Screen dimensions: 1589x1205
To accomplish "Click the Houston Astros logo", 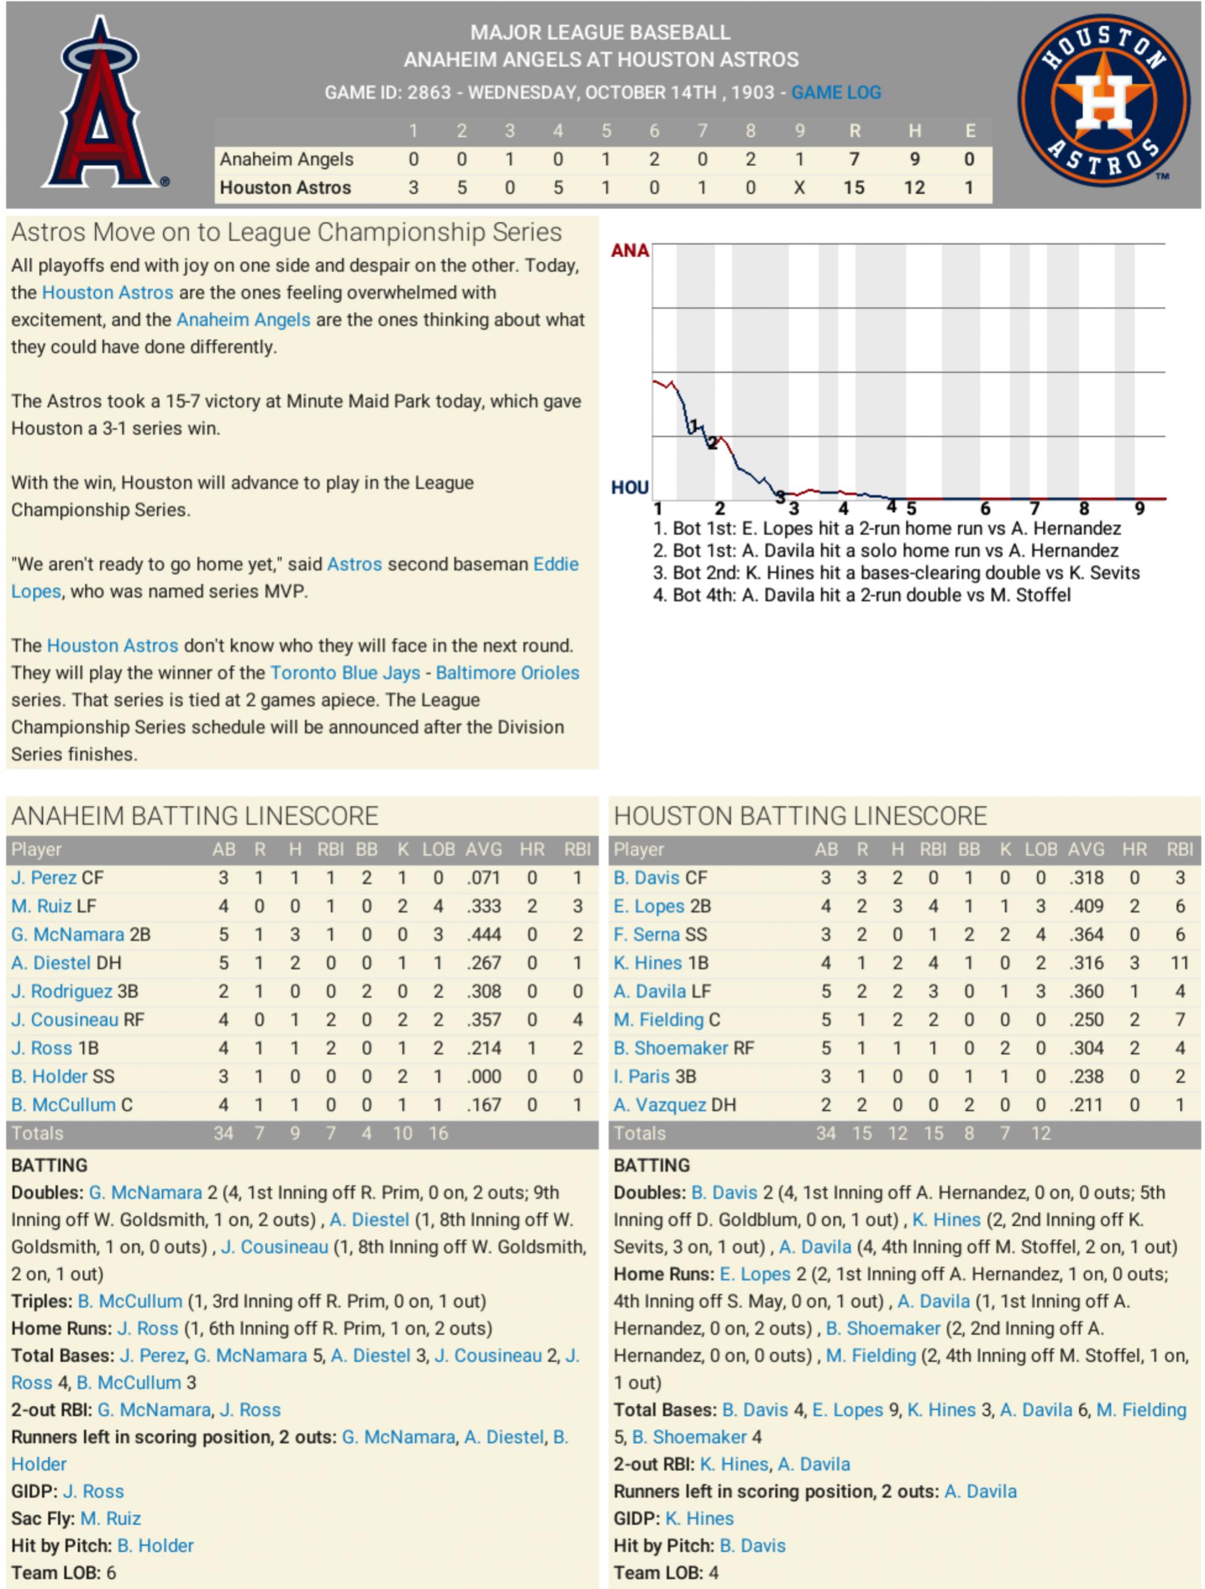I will (1103, 101).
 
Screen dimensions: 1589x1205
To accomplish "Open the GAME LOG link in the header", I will (836, 93).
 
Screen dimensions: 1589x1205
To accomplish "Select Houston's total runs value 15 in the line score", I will (854, 188).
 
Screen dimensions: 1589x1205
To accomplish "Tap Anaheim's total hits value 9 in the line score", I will (914, 159).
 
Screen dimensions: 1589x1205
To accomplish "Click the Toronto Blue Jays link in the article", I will (345, 673).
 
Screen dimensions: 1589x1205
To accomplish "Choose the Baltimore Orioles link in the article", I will (507, 673).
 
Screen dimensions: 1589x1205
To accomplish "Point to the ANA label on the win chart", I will (629, 251).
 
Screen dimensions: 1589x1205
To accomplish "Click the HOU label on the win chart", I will (629, 488).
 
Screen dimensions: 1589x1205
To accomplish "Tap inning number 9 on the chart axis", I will (1140, 509).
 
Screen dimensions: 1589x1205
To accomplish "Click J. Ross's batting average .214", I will (484, 1048).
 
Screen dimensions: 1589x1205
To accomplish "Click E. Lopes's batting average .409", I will (1086, 907).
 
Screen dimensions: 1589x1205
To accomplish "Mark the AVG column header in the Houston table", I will (1086, 850).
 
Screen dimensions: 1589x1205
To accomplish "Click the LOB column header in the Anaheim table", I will (439, 850).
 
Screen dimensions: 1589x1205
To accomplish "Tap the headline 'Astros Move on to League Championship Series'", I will (286, 233).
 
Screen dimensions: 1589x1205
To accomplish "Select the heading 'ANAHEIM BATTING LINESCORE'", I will (195, 817).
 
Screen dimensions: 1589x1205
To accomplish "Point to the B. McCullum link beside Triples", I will (130, 1302).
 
